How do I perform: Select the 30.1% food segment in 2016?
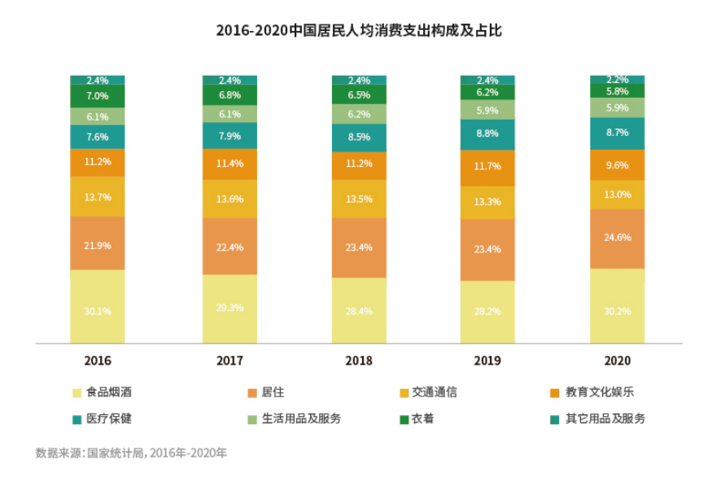coord(98,309)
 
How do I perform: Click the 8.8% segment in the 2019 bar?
coord(487,134)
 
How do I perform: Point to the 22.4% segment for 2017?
coord(229,247)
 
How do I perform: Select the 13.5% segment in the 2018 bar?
coord(359,199)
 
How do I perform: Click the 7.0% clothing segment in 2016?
coord(98,96)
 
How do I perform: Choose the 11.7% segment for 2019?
coord(487,167)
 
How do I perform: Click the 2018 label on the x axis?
coord(359,360)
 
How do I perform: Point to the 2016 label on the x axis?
coord(98,360)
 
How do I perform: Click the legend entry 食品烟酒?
coord(109,392)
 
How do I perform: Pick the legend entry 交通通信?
coord(435,392)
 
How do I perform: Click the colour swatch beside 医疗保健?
coord(76,419)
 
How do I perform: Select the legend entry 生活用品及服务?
coord(301,419)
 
